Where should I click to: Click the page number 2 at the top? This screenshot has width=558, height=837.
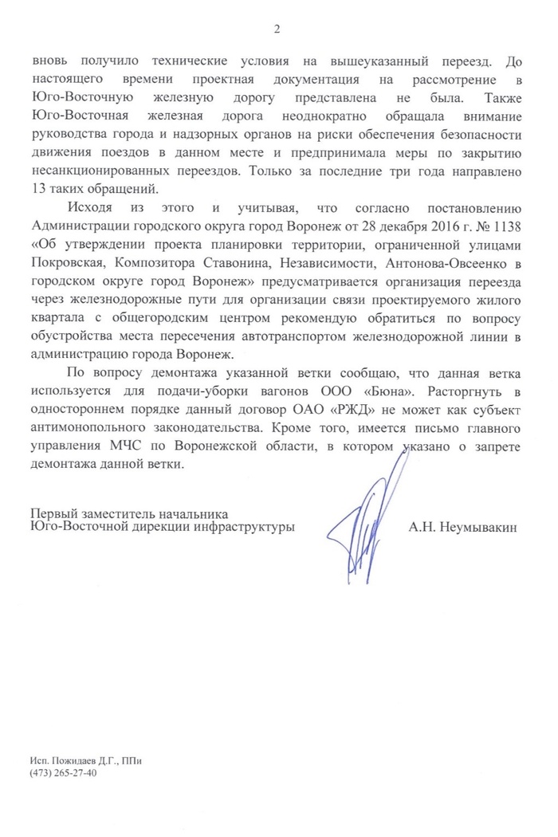pyautogui.click(x=277, y=29)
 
